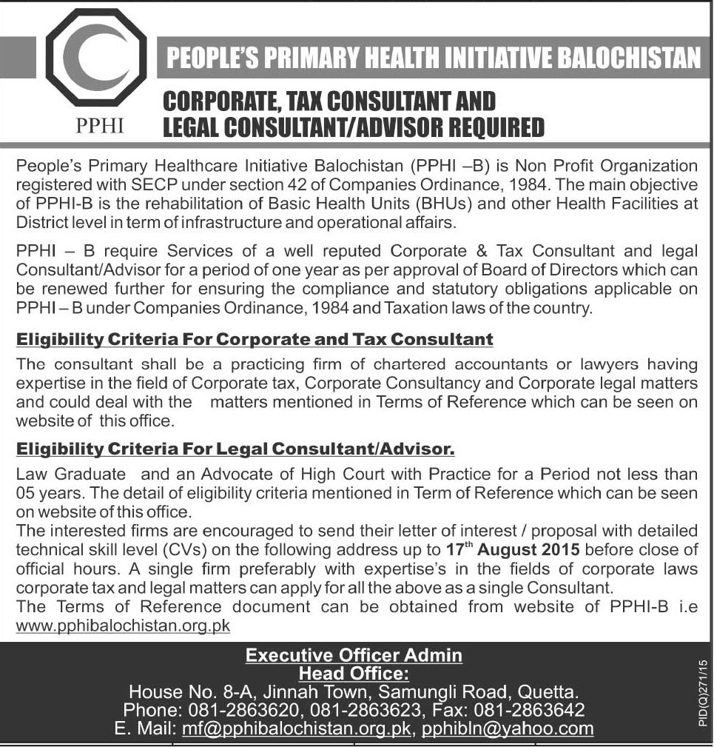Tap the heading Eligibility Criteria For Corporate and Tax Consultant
[255, 340]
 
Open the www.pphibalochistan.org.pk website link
[123, 626]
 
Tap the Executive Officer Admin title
[354, 655]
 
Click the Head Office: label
[354, 673]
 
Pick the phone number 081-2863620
[238, 711]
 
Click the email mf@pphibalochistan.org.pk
[297, 729]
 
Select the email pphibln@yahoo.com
[508, 729]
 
